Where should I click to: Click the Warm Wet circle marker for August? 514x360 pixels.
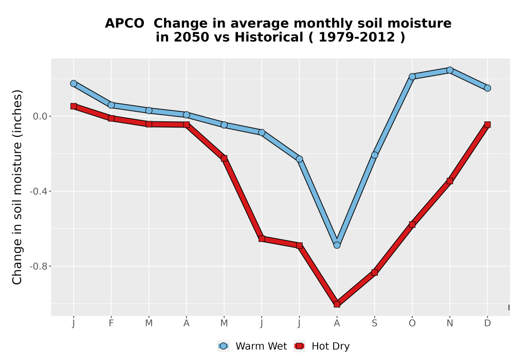pyautogui.click(x=337, y=245)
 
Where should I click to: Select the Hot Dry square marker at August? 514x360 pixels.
pyautogui.click(x=337, y=304)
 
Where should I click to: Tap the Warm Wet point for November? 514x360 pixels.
pyautogui.click(x=450, y=70)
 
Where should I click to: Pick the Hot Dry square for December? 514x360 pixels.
pyautogui.click(x=487, y=124)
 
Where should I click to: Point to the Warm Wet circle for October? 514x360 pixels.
pyautogui.click(x=412, y=77)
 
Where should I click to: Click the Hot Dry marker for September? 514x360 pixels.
pyautogui.click(x=374, y=273)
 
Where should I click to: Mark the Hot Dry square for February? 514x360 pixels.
pyautogui.click(x=111, y=118)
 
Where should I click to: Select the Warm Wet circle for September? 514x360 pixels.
pyautogui.click(x=374, y=155)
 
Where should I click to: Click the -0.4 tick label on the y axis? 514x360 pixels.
pyautogui.click(x=39, y=191)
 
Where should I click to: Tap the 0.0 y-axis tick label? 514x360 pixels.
pyautogui.click(x=40, y=116)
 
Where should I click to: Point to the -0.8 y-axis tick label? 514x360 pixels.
pyautogui.click(x=39, y=266)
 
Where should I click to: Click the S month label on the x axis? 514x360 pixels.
pyautogui.click(x=374, y=323)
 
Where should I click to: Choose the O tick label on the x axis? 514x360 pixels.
pyautogui.click(x=412, y=323)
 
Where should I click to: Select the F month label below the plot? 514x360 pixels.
pyautogui.click(x=111, y=323)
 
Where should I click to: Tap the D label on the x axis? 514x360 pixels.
pyautogui.click(x=487, y=323)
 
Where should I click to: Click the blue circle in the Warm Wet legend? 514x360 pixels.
pyautogui.click(x=223, y=346)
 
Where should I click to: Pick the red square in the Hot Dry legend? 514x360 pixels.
pyautogui.click(x=299, y=346)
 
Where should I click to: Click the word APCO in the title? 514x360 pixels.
pyautogui.click(x=124, y=24)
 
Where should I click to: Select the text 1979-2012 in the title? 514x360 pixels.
pyautogui.click(x=356, y=37)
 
